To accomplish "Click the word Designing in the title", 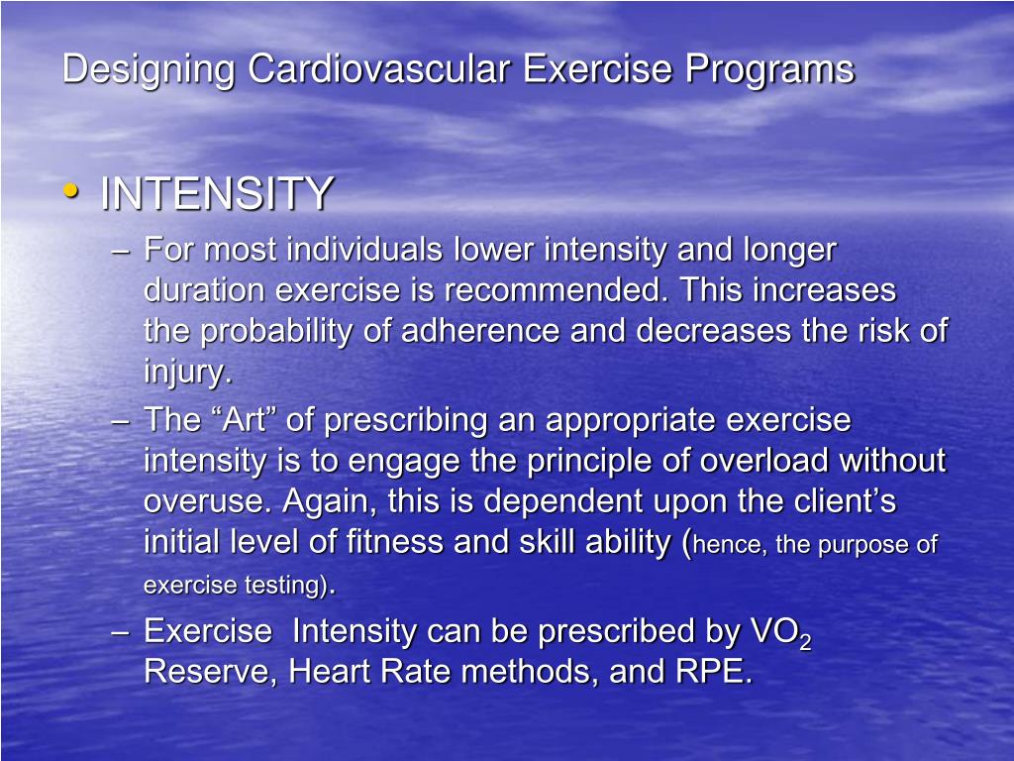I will point(150,70).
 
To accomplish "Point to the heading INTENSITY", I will point(216,193).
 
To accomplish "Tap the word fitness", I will point(394,542).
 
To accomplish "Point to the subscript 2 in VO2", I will point(805,642).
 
